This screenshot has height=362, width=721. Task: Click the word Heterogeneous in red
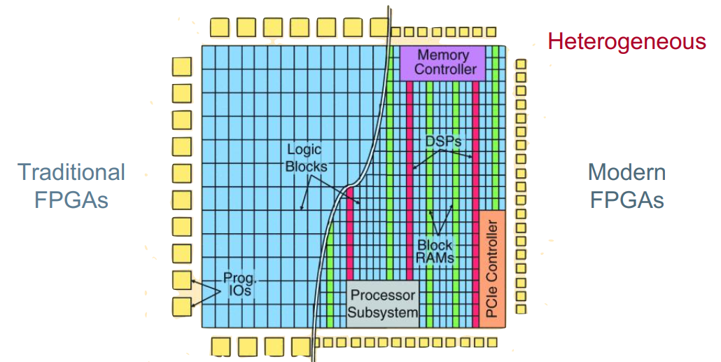tap(626, 42)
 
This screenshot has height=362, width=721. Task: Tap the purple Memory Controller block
tap(443, 63)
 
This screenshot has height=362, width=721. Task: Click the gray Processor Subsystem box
tap(383, 304)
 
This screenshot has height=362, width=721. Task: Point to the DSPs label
tap(443, 141)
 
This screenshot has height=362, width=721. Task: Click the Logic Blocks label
tap(306, 158)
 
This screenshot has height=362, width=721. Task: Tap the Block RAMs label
tap(435, 251)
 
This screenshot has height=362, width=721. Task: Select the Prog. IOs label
tap(239, 284)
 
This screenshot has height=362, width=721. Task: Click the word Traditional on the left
tap(71, 172)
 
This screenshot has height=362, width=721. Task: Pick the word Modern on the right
tap(626, 172)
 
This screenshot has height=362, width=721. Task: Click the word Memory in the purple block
tap(443, 55)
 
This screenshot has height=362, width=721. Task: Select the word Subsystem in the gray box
tap(383, 313)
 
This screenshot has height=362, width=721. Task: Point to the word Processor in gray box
tap(383, 295)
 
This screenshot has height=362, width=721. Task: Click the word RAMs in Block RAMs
tap(435, 258)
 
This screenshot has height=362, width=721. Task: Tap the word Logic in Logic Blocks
tap(304, 150)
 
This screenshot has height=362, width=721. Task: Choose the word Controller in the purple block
tap(446, 69)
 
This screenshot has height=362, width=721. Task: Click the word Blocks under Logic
tap(306, 166)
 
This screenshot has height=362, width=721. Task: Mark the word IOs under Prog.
tap(239, 291)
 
